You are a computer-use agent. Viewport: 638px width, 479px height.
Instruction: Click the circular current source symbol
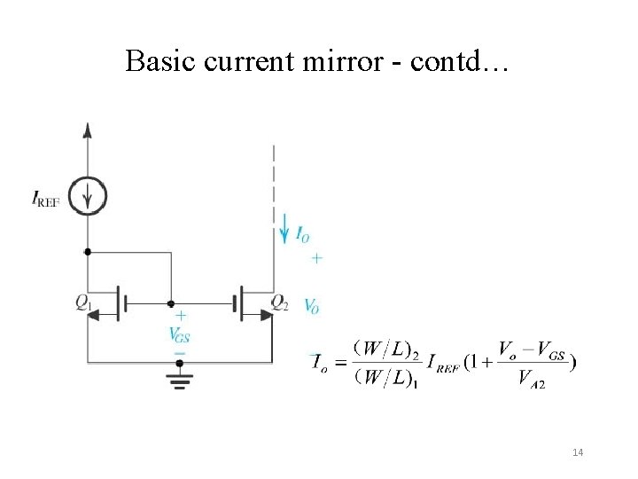(x=88, y=196)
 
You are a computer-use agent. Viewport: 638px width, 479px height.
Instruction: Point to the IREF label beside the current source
(x=46, y=201)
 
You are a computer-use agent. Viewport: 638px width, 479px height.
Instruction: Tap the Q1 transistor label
(x=83, y=303)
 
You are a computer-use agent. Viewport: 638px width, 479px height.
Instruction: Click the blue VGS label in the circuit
(x=179, y=334)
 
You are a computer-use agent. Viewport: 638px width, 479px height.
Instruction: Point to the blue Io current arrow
(x=284, y=228)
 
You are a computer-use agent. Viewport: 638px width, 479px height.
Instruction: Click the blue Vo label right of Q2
(x=312, y=305)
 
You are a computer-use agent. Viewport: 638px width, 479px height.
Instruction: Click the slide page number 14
(x=578, y=453)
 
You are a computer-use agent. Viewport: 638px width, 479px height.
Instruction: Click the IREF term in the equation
(x=442, y=363)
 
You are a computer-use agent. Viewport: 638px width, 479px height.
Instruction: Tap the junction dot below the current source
(x=88, y=251)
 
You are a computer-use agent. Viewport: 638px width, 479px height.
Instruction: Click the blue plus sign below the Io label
(x=316, y=258)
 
